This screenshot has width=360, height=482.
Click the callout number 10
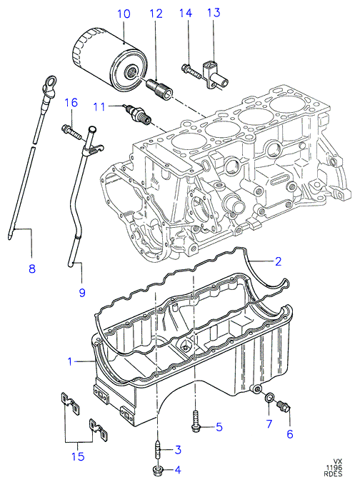[x=124, y=14]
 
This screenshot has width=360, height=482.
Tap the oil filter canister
[x=109, y=60]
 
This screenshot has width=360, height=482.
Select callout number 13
[x=214, y=13]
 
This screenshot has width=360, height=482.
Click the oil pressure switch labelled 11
[x=137, y=115]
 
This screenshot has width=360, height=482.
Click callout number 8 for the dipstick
[x=31, y=268]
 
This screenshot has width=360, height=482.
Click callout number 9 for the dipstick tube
[x=81, y=293]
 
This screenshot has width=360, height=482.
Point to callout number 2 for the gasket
[x=278, y=261]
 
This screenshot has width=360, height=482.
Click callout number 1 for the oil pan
[x=70, y=361]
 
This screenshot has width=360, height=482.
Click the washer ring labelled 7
[x=269, y=398]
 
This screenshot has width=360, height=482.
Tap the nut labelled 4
[x=157, y=469]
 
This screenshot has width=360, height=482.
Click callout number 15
[x=78, y=456]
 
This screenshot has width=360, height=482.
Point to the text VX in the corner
[x=338, y=462]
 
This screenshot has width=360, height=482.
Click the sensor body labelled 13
[x=215, y=76]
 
